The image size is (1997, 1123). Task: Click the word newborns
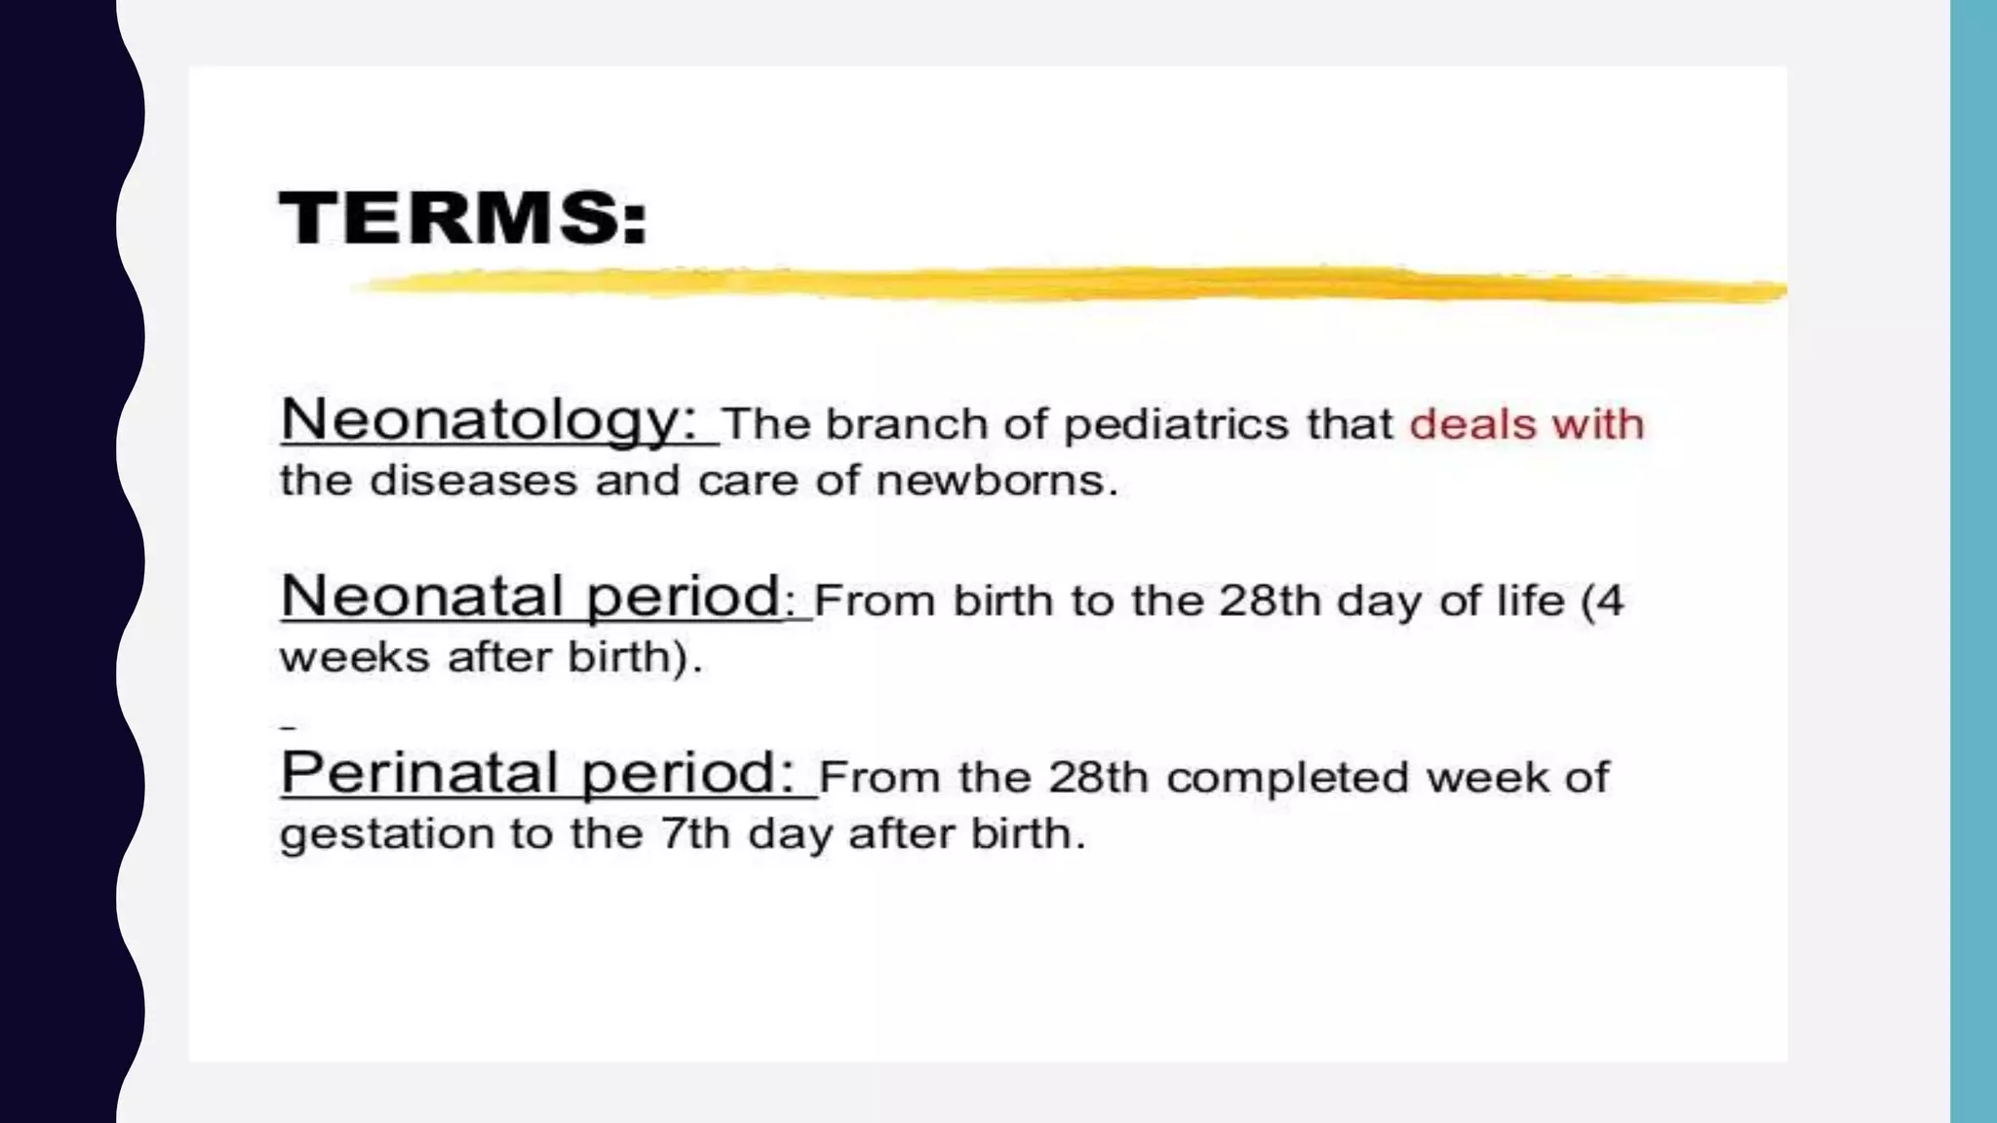996,480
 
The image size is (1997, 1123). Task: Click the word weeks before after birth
354,657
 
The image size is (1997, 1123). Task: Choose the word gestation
386,834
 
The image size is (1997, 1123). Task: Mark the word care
748,480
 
